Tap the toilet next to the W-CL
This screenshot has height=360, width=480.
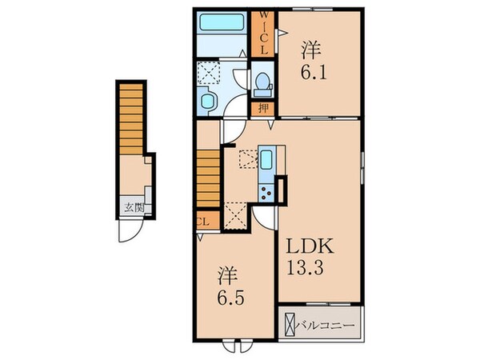tap(262, 83)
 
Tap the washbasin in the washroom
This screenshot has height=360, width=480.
tap(209, 101)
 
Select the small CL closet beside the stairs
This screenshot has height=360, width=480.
tap(202, 222)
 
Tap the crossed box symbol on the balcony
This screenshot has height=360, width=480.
tap(290, 326)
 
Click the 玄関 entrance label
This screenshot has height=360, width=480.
tap(133, 210)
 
